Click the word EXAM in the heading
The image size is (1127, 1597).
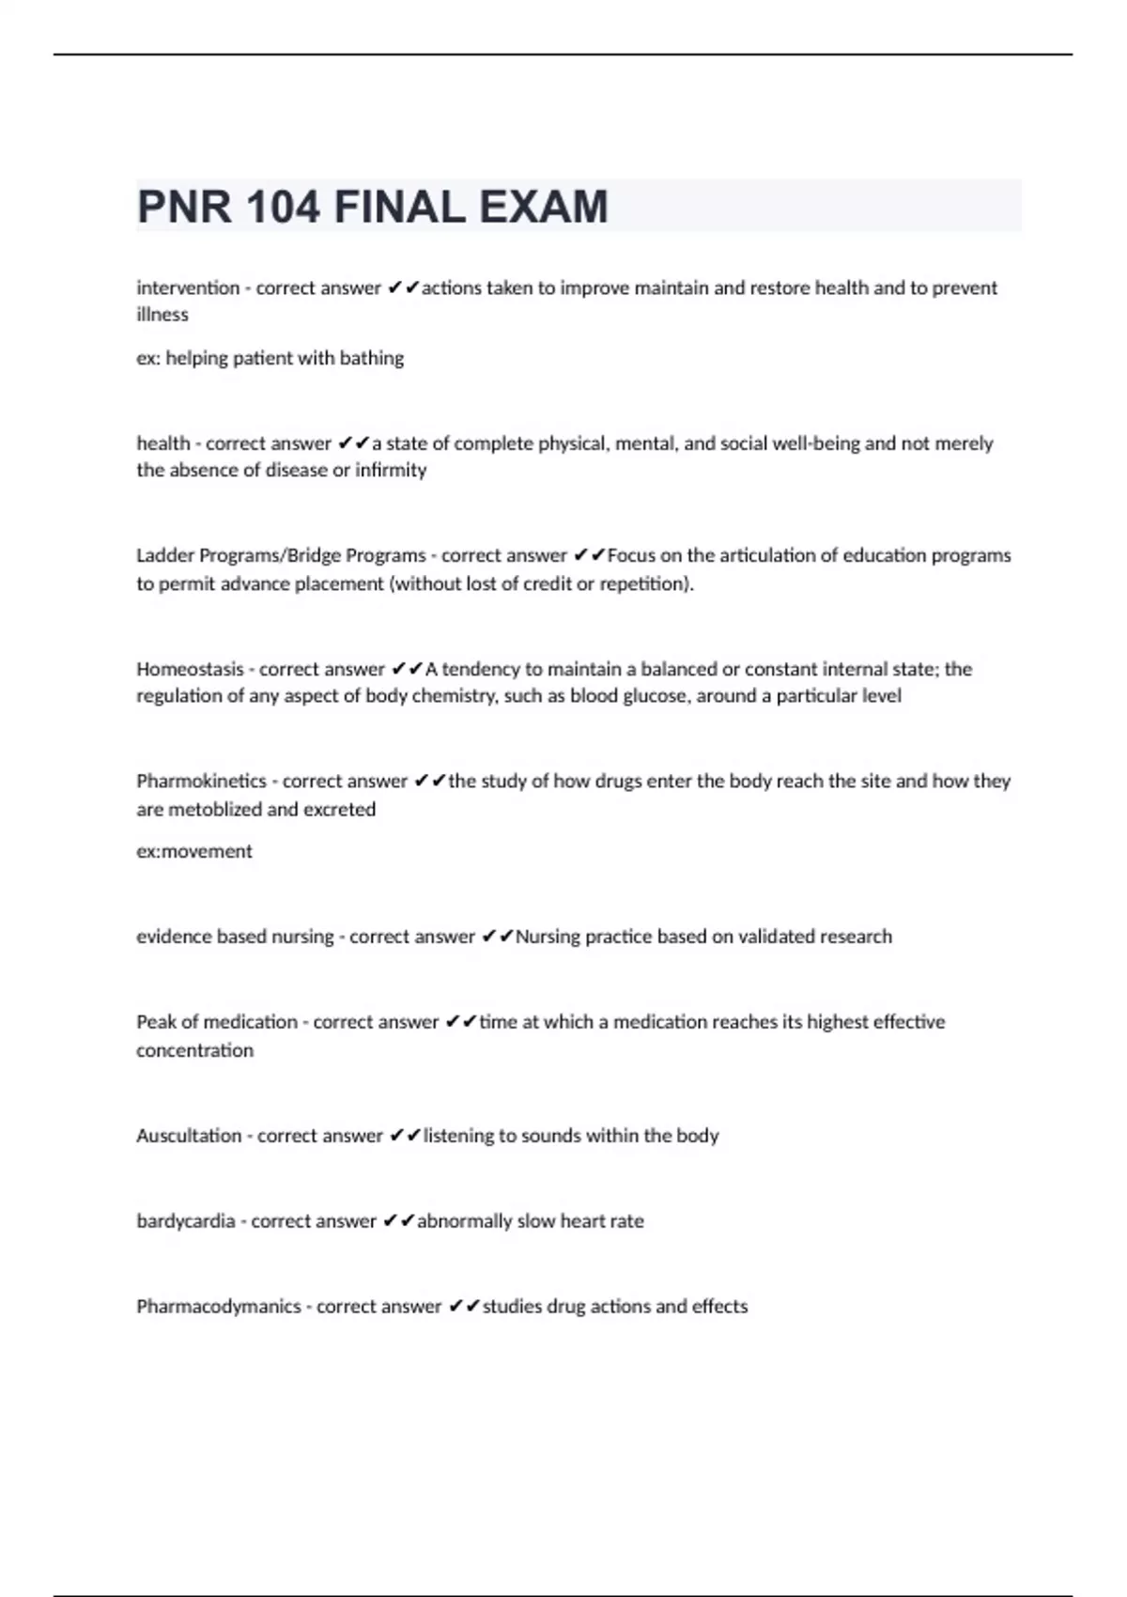tap(544, 207)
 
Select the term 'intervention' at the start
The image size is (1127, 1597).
tap(188, 287)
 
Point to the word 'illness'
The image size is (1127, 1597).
tap(162, 315)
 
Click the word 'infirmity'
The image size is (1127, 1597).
tap(391, 470)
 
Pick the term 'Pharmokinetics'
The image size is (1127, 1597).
tap(201, 781)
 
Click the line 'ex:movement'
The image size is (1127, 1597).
tap(194, 851)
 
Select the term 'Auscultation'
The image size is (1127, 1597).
tap(189, 1136)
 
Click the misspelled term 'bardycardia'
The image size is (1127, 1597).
tap(185, 1221)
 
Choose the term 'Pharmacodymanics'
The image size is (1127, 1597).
tap(218, 1307)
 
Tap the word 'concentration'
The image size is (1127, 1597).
tap(194, 1050)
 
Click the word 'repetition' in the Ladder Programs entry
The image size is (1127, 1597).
tap(644, 583)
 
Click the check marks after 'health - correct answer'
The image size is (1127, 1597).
tap(353, 442)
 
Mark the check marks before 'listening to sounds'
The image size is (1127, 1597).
tap(405, 1136)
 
